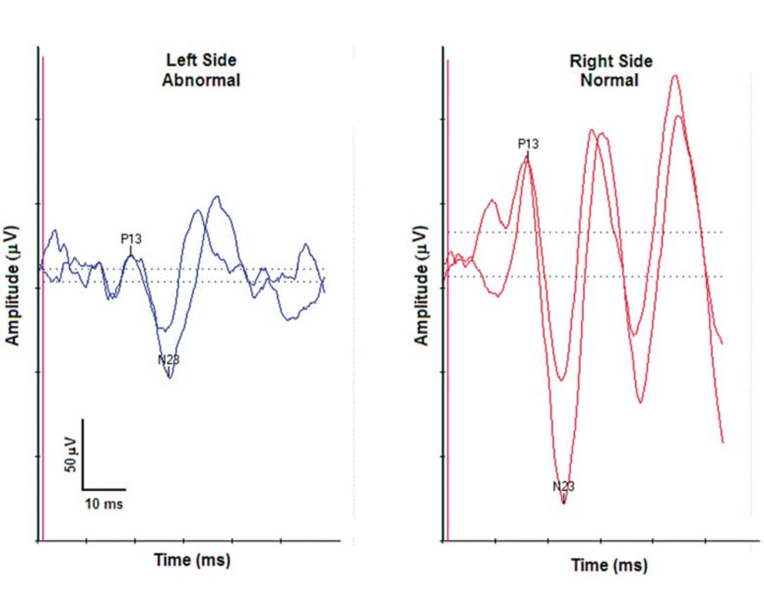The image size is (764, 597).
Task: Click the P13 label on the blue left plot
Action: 131,238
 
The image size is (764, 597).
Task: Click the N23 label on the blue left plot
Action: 168,360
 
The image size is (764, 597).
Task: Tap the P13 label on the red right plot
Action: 528,143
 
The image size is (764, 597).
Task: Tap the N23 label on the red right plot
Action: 563,486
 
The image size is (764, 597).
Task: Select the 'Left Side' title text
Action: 201,60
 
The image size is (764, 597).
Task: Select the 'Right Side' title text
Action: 611,61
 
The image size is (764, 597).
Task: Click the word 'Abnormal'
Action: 201,80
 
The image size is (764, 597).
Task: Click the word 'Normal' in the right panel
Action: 609,80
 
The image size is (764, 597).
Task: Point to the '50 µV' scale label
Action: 70,454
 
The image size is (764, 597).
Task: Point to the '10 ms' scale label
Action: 104,504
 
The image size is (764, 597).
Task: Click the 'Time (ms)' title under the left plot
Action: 192,559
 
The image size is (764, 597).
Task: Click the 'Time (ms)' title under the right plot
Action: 609,565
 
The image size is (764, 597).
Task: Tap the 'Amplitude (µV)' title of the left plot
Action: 13,285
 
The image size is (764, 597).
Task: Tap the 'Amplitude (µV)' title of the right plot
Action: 421,285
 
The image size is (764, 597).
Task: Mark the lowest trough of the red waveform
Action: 564,503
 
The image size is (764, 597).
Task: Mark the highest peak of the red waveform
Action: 675,75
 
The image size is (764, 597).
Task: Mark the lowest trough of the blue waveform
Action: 169,378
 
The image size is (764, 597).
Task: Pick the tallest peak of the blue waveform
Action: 217,196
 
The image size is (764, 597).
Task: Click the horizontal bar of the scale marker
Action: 104,490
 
